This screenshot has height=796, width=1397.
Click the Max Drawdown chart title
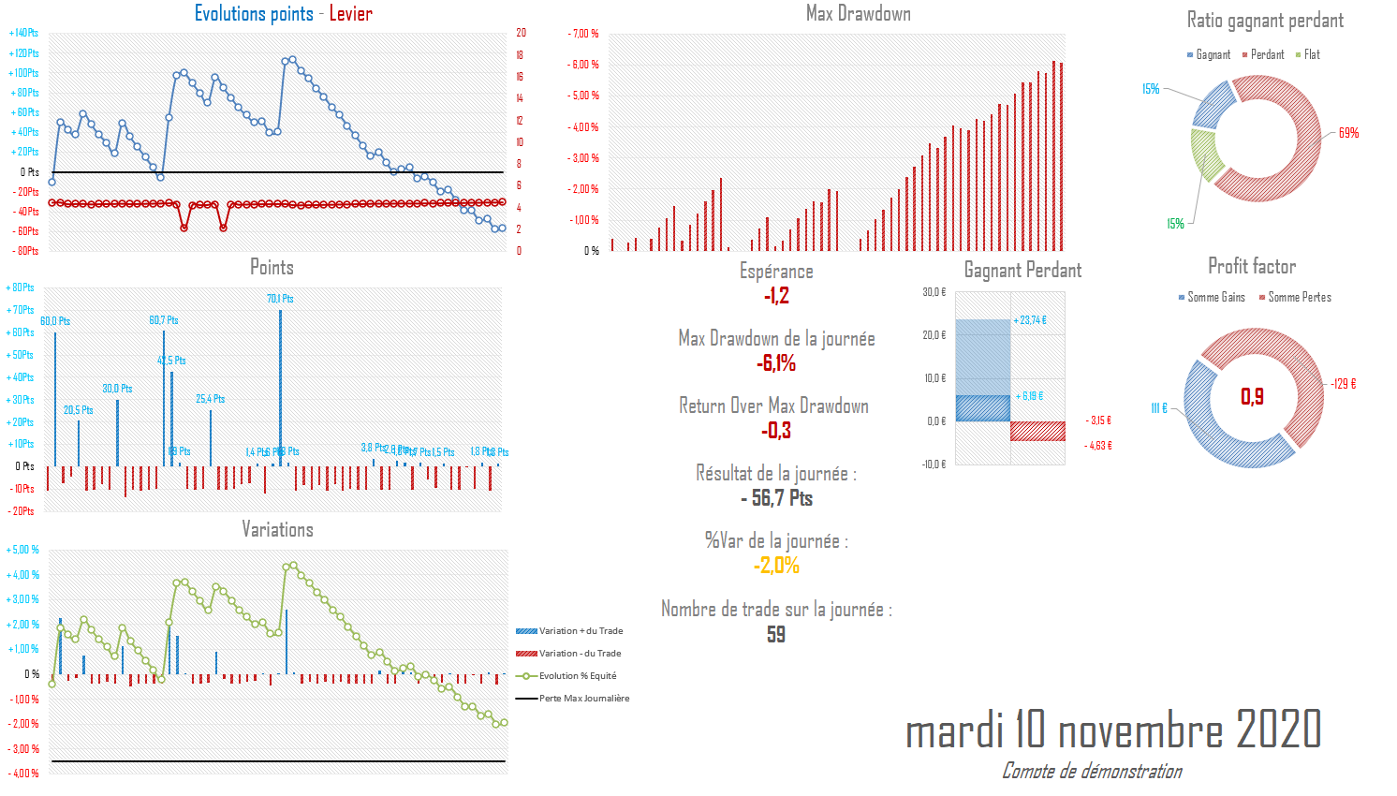pyautogui.click(x=858, y=13)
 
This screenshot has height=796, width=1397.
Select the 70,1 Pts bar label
pyautogui.click(x=280, y=299)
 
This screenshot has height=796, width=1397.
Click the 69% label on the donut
pyautogui.click(x=1348, y=133)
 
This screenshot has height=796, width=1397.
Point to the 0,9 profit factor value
pyautogui.click(x=1252, y=396)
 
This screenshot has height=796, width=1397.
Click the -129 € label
pyautogui.click(x=1344, y=384)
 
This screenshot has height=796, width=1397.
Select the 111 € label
pyautogui.click(x=1158, y=408)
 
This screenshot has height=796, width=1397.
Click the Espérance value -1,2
pyautogui.click(x=776, y=296)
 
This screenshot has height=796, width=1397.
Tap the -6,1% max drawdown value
pyautogui.click(x=776, y=363)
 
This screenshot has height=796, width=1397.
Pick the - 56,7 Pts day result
pyautogui.click(x=776, y=498)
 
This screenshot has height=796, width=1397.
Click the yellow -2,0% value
pyautogui.click(x=776, y=566)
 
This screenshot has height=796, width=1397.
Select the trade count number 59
pyautogui.click(x=776, y=635)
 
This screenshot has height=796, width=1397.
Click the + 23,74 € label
pyautogui.click(x=1030, y=320)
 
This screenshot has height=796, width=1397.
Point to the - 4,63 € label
pyautogui.click(x=1098, y=446)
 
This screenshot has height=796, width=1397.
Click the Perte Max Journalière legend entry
pyautogui.click(x=584, y=699)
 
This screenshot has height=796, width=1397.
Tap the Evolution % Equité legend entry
pyautogui.click(x=577, y=676)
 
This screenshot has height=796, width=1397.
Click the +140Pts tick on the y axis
pyautogui.click(x=24, y=33)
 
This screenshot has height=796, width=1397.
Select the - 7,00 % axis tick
pyautogui.click(x=583, y=34)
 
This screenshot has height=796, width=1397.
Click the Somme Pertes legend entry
pyautogui.click(x=1299, y=298)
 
